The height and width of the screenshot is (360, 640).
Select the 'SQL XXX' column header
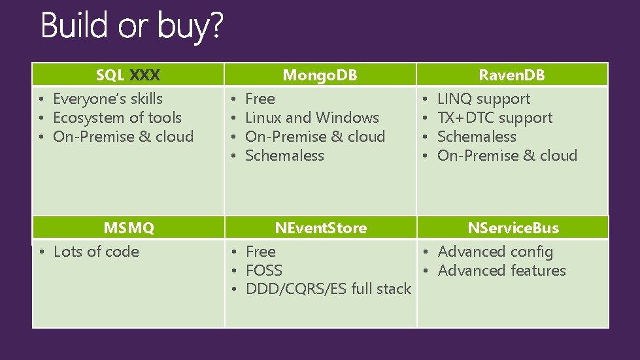pos(127,75)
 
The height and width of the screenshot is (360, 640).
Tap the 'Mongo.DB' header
pos(320,75)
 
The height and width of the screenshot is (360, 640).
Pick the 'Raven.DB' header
pos(512,75)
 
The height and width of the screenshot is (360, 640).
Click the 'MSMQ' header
pos(129,228)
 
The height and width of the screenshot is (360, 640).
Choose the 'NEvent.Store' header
pos(320,228)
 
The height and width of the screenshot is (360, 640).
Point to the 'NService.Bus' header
pos(513,228)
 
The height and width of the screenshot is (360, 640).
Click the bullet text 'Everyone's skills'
pos(108,99)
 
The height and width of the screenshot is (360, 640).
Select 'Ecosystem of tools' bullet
pos(117,118)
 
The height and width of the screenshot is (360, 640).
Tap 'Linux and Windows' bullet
pos(312,118)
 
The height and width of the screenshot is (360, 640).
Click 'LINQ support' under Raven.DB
pos(484,99)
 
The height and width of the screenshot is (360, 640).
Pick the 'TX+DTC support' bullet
pos(495,118)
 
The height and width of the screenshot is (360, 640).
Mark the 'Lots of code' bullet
pos(96,252)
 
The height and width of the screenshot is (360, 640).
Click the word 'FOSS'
pos(264,270)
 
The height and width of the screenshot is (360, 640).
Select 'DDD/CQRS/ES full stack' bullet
pos(328,289)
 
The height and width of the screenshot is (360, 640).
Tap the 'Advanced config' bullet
pos(495,252)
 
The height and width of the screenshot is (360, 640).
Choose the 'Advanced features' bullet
pos(501,270)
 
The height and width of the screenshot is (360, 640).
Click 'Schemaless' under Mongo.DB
pos(284,155)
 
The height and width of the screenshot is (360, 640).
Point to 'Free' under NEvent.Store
pos(261,252)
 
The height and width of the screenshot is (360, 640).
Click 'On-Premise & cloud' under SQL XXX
pos(123,137)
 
